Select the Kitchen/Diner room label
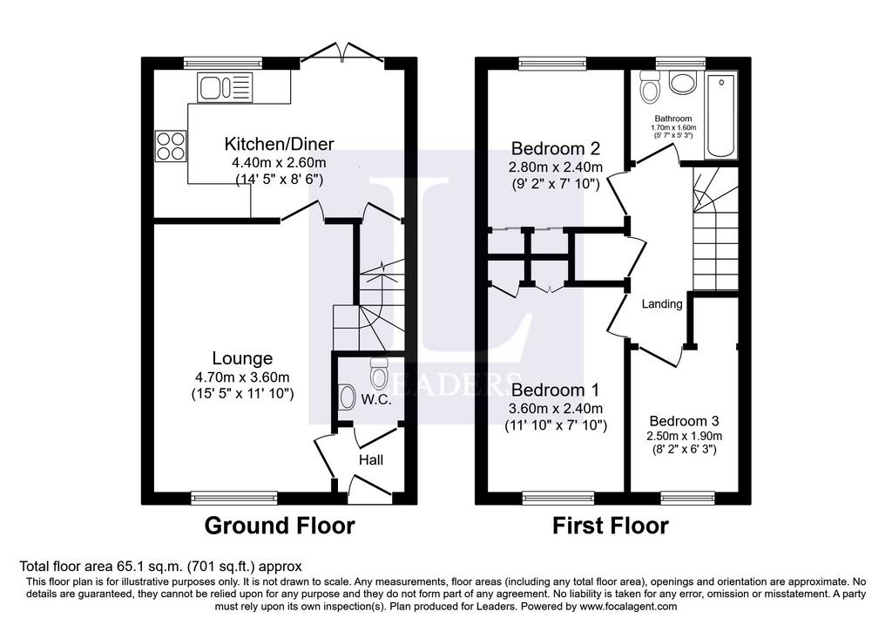280,144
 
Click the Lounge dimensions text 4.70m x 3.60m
242,377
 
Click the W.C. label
376,399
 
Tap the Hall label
371,460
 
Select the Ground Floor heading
280,526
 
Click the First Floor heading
611,526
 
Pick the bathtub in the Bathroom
721,116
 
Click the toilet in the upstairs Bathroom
648,86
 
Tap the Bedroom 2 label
555,148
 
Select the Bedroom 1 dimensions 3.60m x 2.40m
556,409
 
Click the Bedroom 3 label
684,421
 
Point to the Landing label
662,304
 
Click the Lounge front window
234,498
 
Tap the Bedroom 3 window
688,498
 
